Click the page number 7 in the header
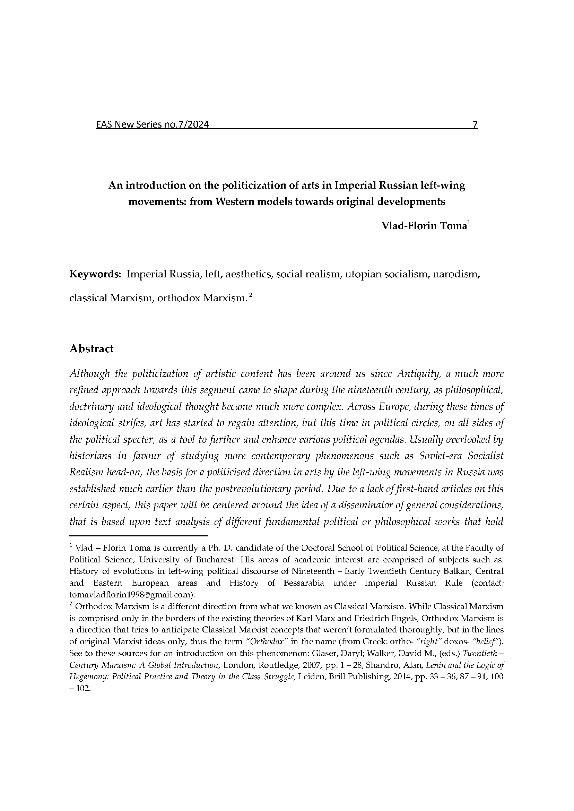click(475, 124)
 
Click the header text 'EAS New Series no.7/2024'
click(152, 125)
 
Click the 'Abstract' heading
click(92, 348)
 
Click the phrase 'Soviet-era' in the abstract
click(438, 456)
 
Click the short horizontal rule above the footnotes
click(139, 536)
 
